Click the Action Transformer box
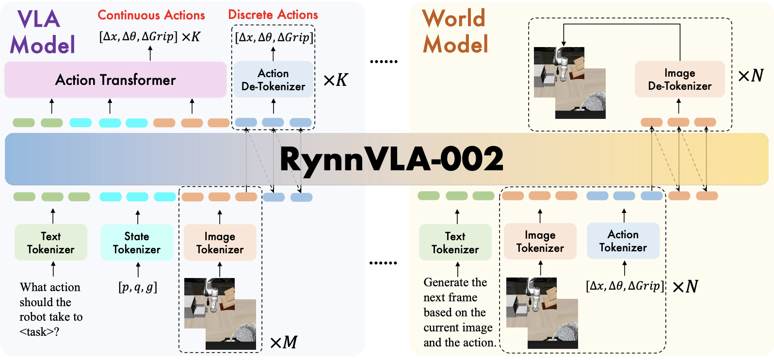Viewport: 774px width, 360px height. (115, 80)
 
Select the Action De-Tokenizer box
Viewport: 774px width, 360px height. (274, 80)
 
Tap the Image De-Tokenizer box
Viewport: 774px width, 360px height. (679, 79)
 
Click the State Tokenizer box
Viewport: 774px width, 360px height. (137, 243)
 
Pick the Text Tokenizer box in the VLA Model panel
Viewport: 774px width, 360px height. (51, 243)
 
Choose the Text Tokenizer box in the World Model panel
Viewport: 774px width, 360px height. (455, 243)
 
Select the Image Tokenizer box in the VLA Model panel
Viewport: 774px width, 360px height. (220, 243)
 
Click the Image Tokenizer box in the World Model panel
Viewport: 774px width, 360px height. (540, 241)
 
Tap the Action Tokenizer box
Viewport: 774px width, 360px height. (623, 241)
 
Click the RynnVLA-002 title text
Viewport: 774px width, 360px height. (391, 159)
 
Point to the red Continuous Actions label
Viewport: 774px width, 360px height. (151, 15)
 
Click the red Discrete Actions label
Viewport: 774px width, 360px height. (273, 15)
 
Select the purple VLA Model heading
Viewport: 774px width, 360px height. (42, 32)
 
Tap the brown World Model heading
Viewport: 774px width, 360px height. (455, 32)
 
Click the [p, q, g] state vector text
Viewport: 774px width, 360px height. (138, 287)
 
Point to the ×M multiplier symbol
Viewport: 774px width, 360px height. (284, 343)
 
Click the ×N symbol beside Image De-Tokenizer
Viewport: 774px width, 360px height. (750, 76)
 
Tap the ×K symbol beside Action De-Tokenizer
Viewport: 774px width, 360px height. (335, 80)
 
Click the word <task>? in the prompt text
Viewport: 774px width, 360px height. (39, 332)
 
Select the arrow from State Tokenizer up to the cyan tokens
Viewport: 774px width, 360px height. (138, 216)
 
